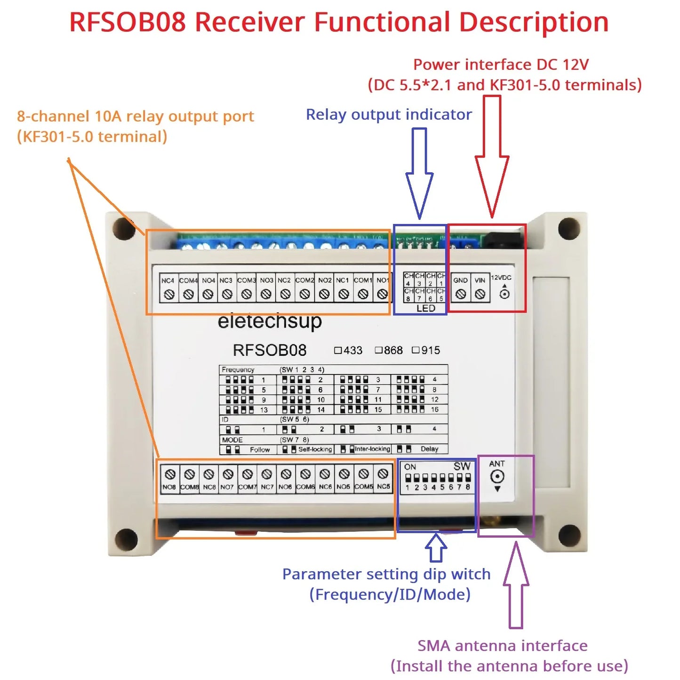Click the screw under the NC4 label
(169, 295)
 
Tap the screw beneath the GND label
(461, 294)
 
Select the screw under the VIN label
(480, 294)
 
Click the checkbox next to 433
(337, 350)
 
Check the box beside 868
(378, 350)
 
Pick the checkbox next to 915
(416, 350)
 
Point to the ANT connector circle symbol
(497, 477)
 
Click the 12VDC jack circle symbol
(504, 295)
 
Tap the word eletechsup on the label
(270, 321)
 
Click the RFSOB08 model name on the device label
(270, 351)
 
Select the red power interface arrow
(492, 155)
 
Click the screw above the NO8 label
(170, 474)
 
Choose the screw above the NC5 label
(383, 474)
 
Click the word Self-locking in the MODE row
(315, 449)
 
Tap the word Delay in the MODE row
(429, 449)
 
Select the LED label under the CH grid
(425, 308)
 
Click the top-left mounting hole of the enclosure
(124, 229)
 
